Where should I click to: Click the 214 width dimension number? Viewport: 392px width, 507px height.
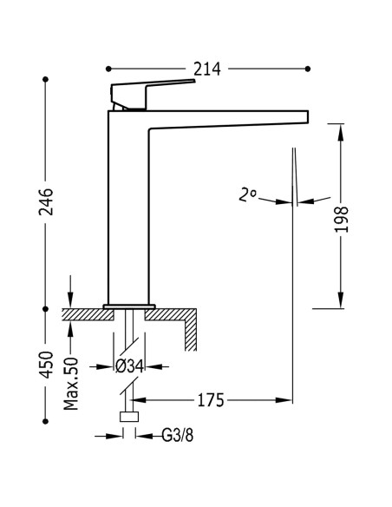[207, 69]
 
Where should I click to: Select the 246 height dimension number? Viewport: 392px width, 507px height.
[46, 201]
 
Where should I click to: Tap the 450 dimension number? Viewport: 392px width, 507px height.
[46, 365]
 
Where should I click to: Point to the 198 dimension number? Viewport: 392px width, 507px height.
[342, 220]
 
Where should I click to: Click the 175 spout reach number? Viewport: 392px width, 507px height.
[211, 400]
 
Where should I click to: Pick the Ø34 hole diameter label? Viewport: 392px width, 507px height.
[129, 366]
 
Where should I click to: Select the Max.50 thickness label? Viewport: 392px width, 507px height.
[71, 384]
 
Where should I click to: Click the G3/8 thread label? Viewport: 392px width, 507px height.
[177, 436]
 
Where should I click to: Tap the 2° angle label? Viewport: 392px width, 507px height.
[247, 194]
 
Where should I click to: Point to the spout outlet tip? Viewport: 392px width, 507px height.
[308, 116]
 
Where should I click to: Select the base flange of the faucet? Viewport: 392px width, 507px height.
[129, 306]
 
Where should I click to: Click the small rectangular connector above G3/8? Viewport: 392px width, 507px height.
[129, 417]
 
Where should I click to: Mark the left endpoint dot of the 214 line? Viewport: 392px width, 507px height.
[108, 69]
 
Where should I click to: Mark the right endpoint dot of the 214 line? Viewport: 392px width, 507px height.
[308, 69]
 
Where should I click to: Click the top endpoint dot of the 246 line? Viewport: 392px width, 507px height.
[45, 79]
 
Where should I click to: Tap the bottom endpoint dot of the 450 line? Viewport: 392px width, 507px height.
[45, 421]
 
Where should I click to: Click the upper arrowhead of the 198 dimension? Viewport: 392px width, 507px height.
[340, 132]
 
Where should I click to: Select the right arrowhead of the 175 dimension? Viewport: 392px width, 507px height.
[284, 400]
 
